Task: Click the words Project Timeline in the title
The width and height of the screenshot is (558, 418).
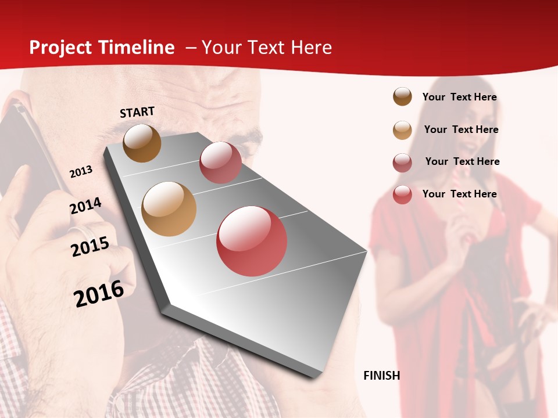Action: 102,48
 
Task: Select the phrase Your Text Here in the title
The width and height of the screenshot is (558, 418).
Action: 267,48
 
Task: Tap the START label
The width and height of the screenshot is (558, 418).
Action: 137,112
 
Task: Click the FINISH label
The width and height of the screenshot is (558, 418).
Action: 381,376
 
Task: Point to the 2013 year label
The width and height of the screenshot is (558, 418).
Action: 81,172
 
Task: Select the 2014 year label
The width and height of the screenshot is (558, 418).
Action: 85,206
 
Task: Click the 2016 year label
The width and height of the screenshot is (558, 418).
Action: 99,294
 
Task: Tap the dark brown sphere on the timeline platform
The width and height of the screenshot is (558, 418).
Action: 142,143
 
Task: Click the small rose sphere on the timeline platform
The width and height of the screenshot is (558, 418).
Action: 220,162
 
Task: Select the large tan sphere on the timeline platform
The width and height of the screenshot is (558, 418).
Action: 169,209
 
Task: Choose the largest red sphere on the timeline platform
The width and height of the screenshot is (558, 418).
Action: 252,241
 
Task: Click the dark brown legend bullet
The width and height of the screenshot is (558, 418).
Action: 402,97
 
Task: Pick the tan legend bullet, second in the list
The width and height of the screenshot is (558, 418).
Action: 402,130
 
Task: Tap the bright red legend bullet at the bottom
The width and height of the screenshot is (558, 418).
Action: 402,194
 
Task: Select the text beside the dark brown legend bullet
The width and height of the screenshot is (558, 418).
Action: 459,97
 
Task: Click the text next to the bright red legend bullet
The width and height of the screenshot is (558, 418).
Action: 459,194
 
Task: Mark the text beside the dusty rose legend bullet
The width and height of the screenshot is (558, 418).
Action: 462,161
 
